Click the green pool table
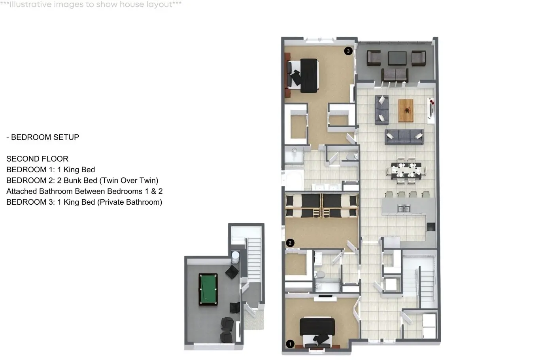[x=208, y=289]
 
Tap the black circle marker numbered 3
[x=348, y=51]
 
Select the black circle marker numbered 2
[x=290, y=243]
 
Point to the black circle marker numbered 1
[x=290, y=344]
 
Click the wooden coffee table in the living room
[x=406, y=111]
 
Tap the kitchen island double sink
[x=404, y=208]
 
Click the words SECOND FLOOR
[x=38, y=159]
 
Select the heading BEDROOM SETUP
[x=45, y=137]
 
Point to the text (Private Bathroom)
[x=130, y=202]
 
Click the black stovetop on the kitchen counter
[x=431, y=227]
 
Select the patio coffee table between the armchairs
[x=397, y=58]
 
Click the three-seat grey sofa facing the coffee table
[x=404, y=137]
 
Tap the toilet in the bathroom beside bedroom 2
[x=319, y=274]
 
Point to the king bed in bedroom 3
[x=303, y=75]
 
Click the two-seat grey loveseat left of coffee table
[x=382, y=109]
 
